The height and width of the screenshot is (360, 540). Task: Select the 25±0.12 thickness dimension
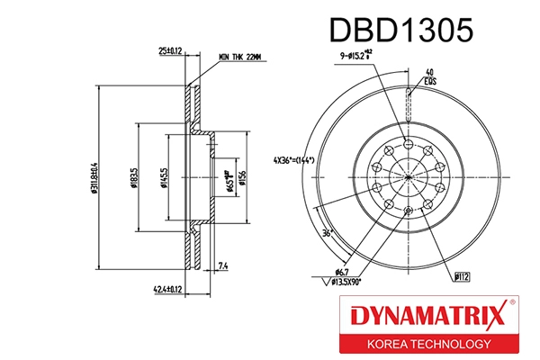coord(170,51)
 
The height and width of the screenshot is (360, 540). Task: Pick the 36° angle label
coord(328,231)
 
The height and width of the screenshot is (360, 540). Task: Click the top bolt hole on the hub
coord(409,142)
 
